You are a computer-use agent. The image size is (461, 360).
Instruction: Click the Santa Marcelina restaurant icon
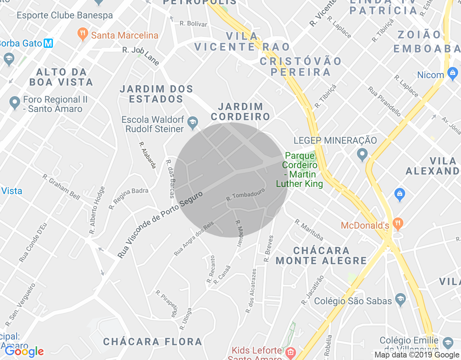coord(83,35)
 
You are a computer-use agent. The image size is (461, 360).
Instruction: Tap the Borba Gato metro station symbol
coord(48,44)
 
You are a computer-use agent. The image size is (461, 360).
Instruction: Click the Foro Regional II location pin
coord(15,103)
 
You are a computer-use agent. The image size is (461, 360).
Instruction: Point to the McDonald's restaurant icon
coord(398,224)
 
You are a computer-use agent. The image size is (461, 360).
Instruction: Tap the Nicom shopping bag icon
coord(452,73)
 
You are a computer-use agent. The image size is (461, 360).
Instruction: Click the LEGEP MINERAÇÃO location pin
coord(362,155)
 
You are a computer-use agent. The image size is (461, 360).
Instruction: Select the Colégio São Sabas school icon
coord(400,299)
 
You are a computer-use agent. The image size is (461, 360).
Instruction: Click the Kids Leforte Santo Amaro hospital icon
coord(291,352)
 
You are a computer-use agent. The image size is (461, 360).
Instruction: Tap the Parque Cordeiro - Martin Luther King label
coord(300,170)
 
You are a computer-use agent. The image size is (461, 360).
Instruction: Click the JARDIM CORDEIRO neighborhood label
coord(240,112)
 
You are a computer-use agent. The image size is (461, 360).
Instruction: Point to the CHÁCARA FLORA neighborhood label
coord(153,342)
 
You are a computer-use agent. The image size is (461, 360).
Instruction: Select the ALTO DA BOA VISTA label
coord(61,77)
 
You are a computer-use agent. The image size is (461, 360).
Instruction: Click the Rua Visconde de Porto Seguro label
coord(160,225)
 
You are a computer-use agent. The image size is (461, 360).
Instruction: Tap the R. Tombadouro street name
coord(246,195)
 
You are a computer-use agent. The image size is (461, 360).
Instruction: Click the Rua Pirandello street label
coord(384,102)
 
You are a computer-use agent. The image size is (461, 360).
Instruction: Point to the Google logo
coord(24,352)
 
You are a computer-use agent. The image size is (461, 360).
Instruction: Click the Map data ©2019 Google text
coord(417,355)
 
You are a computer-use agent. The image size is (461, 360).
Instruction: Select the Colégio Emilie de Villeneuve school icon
coord(448,342)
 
